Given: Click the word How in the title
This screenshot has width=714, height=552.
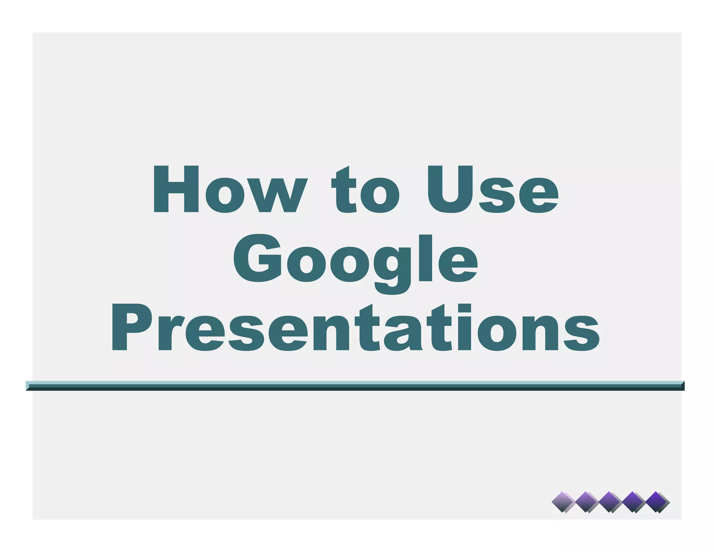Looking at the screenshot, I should tap(230, 189).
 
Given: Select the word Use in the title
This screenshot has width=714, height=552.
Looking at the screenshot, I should tap(493, 189).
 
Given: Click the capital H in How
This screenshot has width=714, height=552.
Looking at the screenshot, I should tap(176, 189).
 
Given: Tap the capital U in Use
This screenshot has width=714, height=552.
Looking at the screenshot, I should tap(450, 189).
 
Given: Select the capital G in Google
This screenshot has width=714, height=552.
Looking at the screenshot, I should tap(258, 258).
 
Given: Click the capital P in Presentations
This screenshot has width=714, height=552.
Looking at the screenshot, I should tap(131, 327).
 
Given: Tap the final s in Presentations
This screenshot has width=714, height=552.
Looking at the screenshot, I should tap(582, 333).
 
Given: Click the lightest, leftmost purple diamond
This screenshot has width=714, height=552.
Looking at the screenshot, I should tap(563, 502).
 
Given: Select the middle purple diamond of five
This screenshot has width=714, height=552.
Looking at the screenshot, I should tap(609, 502).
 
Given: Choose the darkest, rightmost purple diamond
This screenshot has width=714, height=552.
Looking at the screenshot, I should tap(657, 502).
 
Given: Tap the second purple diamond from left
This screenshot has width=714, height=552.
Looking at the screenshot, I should tap(586, 502).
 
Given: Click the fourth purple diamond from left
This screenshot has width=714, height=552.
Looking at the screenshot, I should tap(633, 502).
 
